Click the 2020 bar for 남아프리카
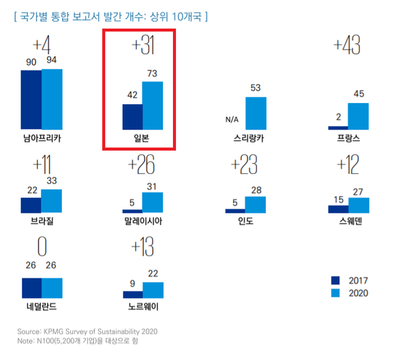52,100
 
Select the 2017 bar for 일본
132,117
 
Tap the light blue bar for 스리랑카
256,113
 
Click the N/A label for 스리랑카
232,121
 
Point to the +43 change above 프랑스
347,46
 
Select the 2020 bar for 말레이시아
153,202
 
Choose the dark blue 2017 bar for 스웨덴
337,205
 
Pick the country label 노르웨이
143,305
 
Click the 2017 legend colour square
335,280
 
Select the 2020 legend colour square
335,293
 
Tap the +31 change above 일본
143,46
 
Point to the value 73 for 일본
153,73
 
